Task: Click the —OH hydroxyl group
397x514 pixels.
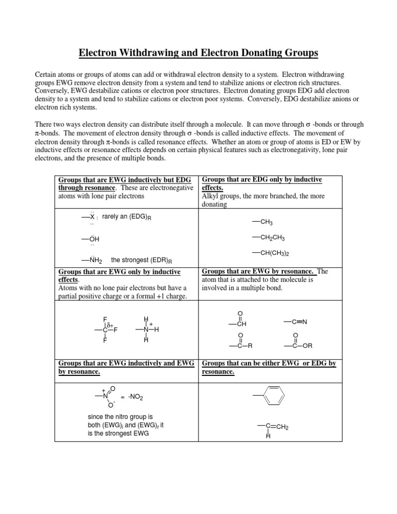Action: tap(90, 239)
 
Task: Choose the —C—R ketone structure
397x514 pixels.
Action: tap(240, 341)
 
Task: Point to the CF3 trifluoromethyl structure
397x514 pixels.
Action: tap(105, 329)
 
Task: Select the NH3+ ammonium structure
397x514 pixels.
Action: tap(147, 329)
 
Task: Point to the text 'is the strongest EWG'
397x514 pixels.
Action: tap(119, 433)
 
